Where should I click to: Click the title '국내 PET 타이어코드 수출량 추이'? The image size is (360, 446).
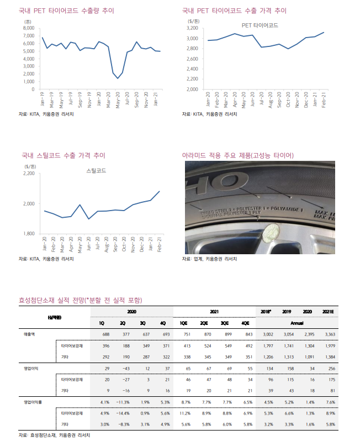67,11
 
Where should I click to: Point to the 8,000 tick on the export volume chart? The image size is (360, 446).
29,28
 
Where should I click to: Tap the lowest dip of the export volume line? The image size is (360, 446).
118,78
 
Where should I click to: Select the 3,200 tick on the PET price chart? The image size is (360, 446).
193,28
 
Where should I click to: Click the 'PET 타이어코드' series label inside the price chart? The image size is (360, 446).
260,25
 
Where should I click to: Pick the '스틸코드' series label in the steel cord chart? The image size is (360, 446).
96,171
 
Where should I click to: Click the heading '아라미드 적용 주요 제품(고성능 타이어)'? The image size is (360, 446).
238,155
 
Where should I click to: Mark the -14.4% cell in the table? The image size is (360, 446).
123,413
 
